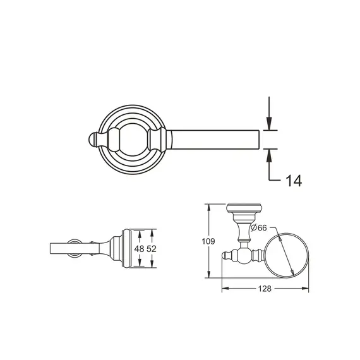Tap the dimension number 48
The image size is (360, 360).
[140, 249]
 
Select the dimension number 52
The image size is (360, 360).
[152, 249]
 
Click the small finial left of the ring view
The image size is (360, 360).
[227, 256]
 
